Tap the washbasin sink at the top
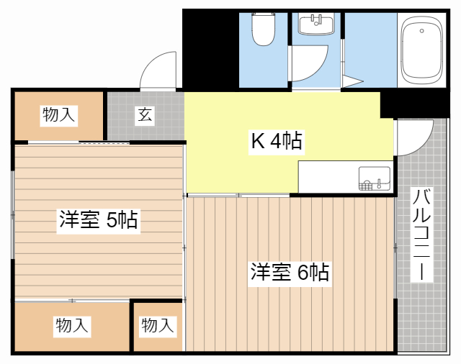[x=316, y=24]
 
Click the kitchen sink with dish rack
[x=375, y=178]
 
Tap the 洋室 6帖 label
[x=290, y=273]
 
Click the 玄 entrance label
[x=146, y=114]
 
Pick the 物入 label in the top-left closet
[x=59, y=114]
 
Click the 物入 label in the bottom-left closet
[x=72, y=327]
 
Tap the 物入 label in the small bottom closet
[x=157, y=326]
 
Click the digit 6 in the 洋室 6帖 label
[x=302, y=273]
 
